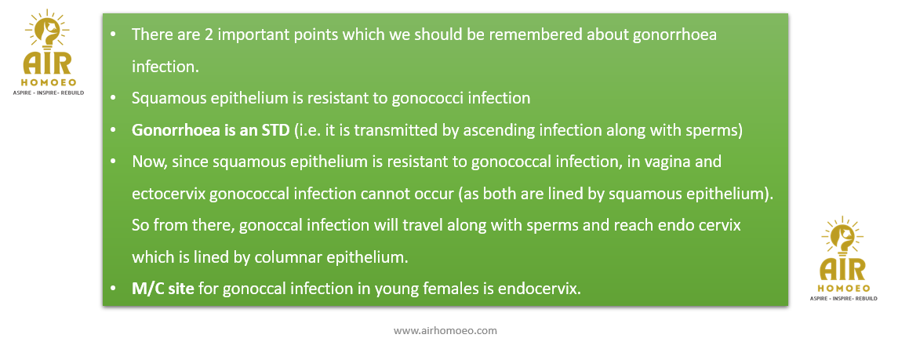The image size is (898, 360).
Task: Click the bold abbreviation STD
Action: (275, 130)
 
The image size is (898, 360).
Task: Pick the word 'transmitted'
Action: (386, 130)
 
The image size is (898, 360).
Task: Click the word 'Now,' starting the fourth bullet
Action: (146, 162)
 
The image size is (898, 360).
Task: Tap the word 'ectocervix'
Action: (169, 194)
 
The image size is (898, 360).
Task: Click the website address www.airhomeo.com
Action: (445, 331)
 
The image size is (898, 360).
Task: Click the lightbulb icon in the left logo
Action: (48, 32)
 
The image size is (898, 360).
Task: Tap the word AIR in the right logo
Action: (842, 270)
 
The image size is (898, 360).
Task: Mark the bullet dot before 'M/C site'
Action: (113, 289)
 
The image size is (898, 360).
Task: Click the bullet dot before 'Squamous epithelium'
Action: (113, 99)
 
